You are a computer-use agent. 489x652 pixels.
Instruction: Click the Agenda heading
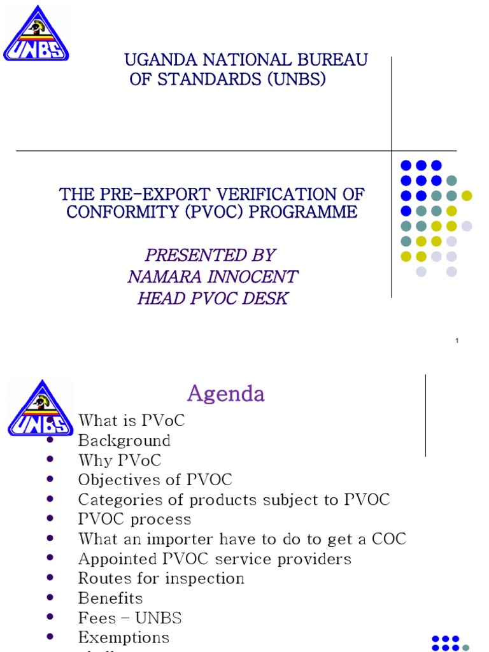point(225,393)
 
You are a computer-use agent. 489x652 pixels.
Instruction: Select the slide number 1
point(457,342)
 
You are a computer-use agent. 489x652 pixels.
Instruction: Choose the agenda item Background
point(124,441)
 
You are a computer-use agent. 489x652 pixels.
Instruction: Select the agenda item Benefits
point(110,598)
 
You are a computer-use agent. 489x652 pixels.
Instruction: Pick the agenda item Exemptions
point(124,637)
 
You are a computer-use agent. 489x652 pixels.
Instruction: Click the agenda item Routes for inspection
point(161,578)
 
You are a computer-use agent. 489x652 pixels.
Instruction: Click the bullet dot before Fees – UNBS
point(50,618)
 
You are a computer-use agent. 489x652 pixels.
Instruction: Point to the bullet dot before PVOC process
point(50,520)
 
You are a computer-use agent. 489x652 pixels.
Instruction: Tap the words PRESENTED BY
point(210,255)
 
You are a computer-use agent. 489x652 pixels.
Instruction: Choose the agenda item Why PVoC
point(120,460)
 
